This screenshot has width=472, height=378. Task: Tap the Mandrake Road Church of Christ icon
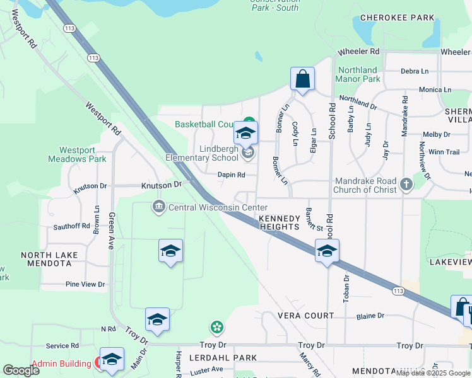(406, 185)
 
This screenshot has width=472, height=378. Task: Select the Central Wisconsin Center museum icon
(158, 207)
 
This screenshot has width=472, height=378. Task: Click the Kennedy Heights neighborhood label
(278, 222)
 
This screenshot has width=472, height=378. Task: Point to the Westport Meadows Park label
(77, 154)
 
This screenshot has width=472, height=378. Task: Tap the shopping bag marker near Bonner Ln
(303, 79)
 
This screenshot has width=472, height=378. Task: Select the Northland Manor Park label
(358, 74)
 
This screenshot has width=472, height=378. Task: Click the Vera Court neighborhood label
(305, 315)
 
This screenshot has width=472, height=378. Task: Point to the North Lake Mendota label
(49, 259)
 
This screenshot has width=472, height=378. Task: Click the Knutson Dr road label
(161, 185)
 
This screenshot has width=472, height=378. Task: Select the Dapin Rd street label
(231, 175)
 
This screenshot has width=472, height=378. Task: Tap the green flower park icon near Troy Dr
(217, 327)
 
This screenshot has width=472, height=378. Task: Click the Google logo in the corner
(21, 370)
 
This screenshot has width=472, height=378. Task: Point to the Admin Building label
(62, 363)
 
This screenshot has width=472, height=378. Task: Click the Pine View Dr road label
(85, 285)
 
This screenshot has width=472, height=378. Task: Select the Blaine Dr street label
(370, 316)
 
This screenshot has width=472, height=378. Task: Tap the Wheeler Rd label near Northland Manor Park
(358, 51)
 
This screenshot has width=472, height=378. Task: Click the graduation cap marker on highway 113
(327, 251)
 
